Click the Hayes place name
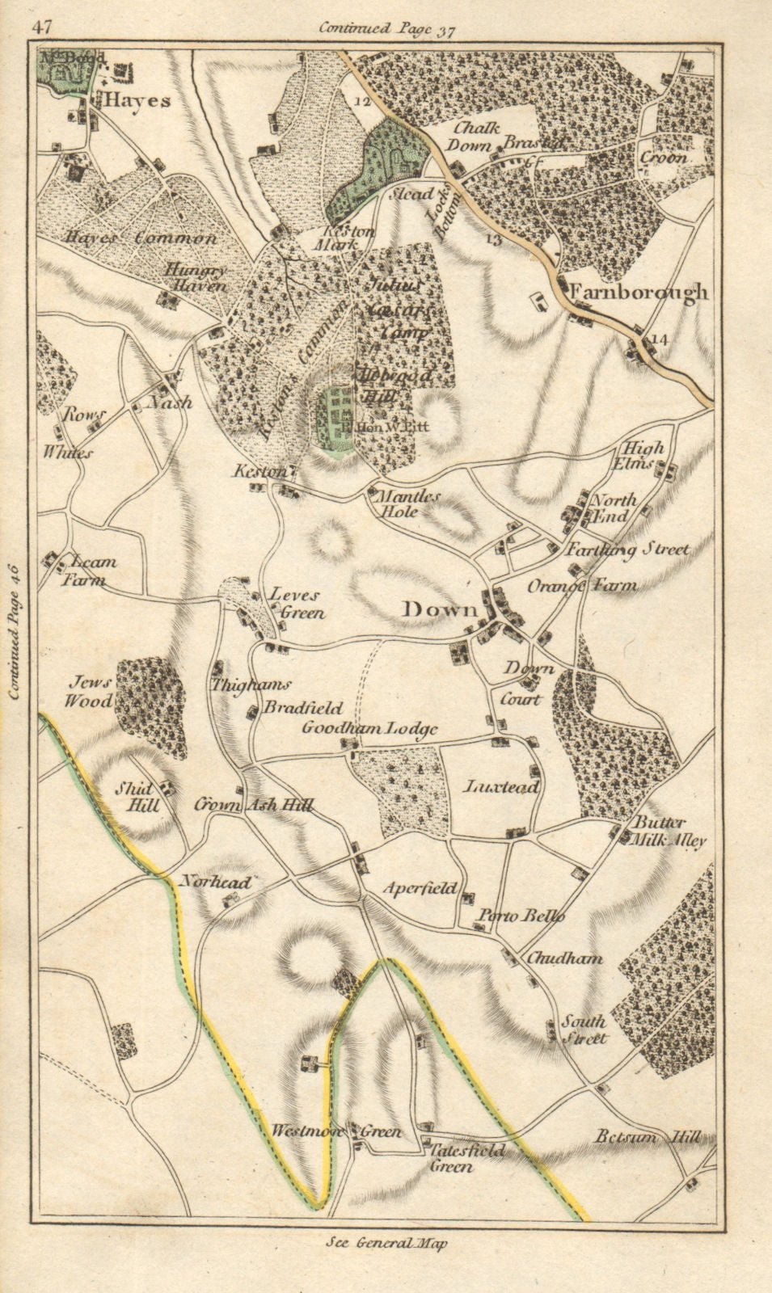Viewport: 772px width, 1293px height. pos(136,101)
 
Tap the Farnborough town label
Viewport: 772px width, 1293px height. pos(639,293)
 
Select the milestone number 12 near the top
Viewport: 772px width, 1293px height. pos(361,102)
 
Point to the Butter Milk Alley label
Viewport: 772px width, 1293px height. pos(669,832)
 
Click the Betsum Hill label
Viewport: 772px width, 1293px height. pos(647,1137)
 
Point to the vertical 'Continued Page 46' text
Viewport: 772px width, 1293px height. pos(18,632)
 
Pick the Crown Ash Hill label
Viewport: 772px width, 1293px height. pos(253,805)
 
